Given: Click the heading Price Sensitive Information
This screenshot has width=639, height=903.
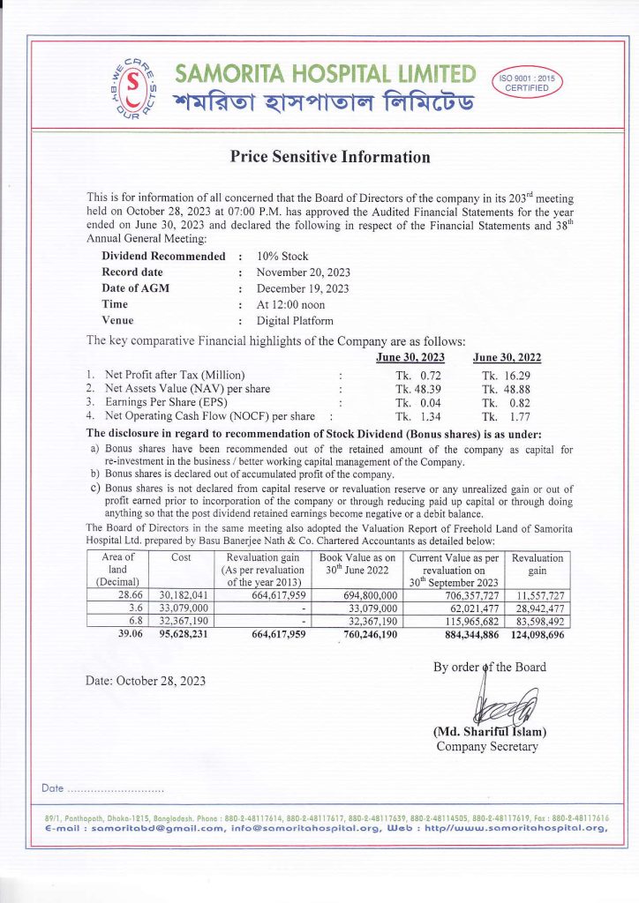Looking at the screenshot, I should [x=330, y=158].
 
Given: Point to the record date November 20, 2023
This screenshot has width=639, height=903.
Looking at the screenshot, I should [x=303, y=272].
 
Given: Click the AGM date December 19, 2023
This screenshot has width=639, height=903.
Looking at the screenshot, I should [x=303, y=288].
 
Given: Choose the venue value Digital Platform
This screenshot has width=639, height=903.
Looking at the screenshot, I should [x=295, y=321].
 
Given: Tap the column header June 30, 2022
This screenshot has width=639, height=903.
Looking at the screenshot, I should [x=507, y=357].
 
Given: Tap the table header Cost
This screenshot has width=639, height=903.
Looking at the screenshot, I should [x=180, y=558].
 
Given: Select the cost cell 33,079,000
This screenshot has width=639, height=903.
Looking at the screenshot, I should [x=183, y=608].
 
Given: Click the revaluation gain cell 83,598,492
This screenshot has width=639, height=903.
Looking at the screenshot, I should [x=538, y=621].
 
